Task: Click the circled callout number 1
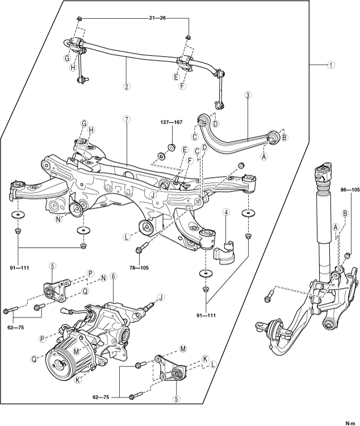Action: (330, 65)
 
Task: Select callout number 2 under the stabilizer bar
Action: (126, 87)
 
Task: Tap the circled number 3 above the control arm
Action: (248, 95)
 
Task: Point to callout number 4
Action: (226, 212)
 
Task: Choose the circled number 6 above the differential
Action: (114, 276)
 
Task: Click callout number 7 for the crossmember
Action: (126, 119)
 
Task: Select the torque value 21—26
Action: (157, 18)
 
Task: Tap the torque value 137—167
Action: (171, 122)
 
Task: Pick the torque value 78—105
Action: (139, 268)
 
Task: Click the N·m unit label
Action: (350, 423)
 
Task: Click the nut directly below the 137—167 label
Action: (171, 147)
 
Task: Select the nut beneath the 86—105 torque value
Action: (347, 256)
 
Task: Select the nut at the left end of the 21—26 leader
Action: (78, 19)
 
